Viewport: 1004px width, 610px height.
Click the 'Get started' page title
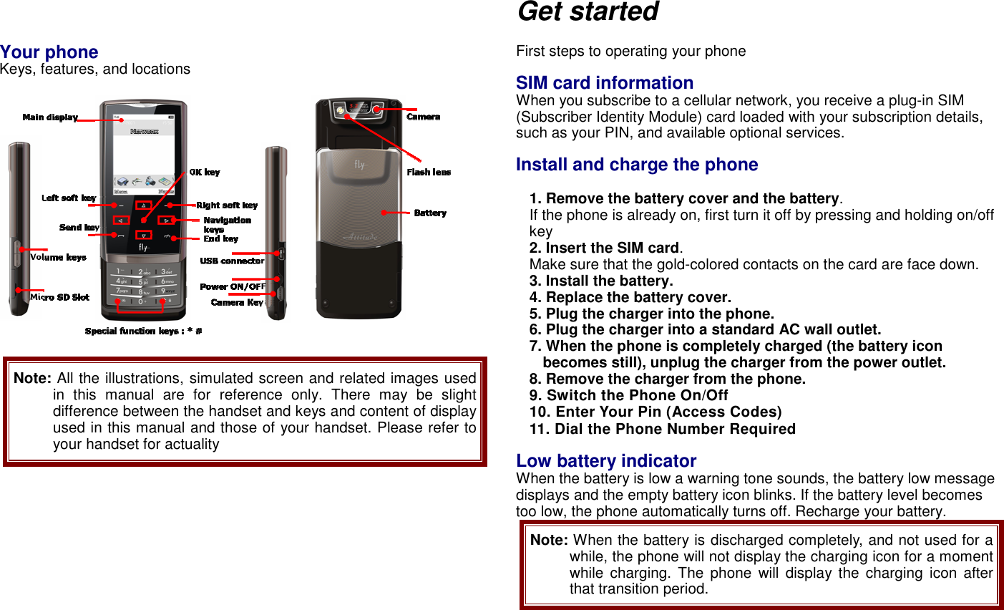pos(588,12)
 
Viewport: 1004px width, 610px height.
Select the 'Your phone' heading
pos(49,52)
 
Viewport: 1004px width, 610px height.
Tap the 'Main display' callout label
pos(50,117)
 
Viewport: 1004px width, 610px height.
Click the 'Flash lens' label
pos(429,173)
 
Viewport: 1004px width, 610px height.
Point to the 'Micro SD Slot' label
pos(59,297)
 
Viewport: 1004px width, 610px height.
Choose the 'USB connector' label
pos(232,261)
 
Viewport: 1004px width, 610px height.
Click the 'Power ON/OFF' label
pos(233,287)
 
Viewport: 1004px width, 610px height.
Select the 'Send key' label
pos(79,228)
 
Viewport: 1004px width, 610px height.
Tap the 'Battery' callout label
pos(430,213)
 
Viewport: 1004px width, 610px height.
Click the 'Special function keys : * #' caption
pos(143,331)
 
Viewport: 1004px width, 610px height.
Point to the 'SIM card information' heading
pos(605,83)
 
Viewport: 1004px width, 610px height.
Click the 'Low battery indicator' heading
pos(606,461)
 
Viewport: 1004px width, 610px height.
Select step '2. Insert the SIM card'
pos(605,248)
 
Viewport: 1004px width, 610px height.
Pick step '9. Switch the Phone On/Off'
pos(628,395)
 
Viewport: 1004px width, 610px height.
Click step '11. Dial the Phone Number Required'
pos(662,429)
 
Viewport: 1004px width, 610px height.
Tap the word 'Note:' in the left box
pos(32,378)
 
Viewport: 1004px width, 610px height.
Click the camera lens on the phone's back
pos(339,111)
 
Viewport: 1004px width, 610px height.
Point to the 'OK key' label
pos(204,173)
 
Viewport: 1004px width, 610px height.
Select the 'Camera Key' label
pos(237,303)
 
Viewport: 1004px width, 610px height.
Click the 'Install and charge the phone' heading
pos(637,165)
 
